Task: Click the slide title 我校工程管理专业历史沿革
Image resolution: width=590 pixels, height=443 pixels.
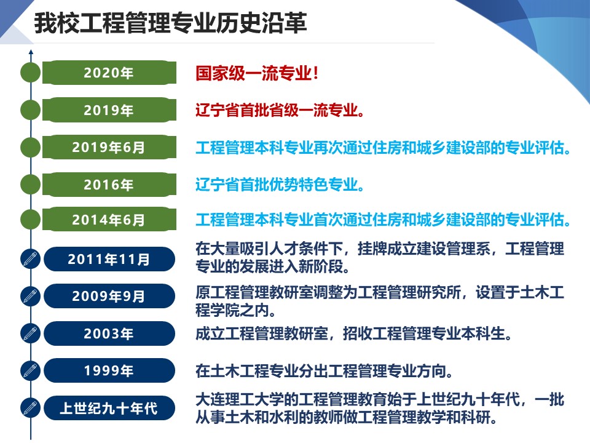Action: point(170,23)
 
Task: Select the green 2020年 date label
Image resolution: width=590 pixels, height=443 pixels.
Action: point(109,73)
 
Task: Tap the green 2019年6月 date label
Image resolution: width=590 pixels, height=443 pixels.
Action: point(109,147)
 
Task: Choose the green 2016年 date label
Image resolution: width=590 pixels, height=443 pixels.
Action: point(109,185)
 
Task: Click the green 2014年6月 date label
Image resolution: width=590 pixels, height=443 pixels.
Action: point(109,219)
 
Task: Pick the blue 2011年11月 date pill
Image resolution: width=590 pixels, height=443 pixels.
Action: point(109,259)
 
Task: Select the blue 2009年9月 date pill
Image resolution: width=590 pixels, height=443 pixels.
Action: point(109,296)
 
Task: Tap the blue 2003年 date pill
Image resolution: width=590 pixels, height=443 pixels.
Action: point(109,333)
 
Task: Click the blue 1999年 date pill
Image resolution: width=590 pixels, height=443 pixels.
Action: point(109,370)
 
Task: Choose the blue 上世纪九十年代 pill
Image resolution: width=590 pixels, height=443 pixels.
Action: point(109,408)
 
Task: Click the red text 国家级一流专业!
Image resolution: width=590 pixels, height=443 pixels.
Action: point(257,73)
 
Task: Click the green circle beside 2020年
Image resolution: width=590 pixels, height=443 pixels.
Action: point(31,73)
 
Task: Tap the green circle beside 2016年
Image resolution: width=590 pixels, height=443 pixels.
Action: point(31,185)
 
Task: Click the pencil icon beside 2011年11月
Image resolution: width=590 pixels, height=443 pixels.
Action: point(31,259)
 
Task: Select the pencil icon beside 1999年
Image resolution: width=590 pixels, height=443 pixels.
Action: point(31,370)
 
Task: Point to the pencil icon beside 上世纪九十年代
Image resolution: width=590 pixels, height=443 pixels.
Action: point(31,408)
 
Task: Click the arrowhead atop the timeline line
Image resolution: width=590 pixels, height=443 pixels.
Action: point(31,52)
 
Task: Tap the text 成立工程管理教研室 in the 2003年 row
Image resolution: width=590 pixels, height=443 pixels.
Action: point(262,333)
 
